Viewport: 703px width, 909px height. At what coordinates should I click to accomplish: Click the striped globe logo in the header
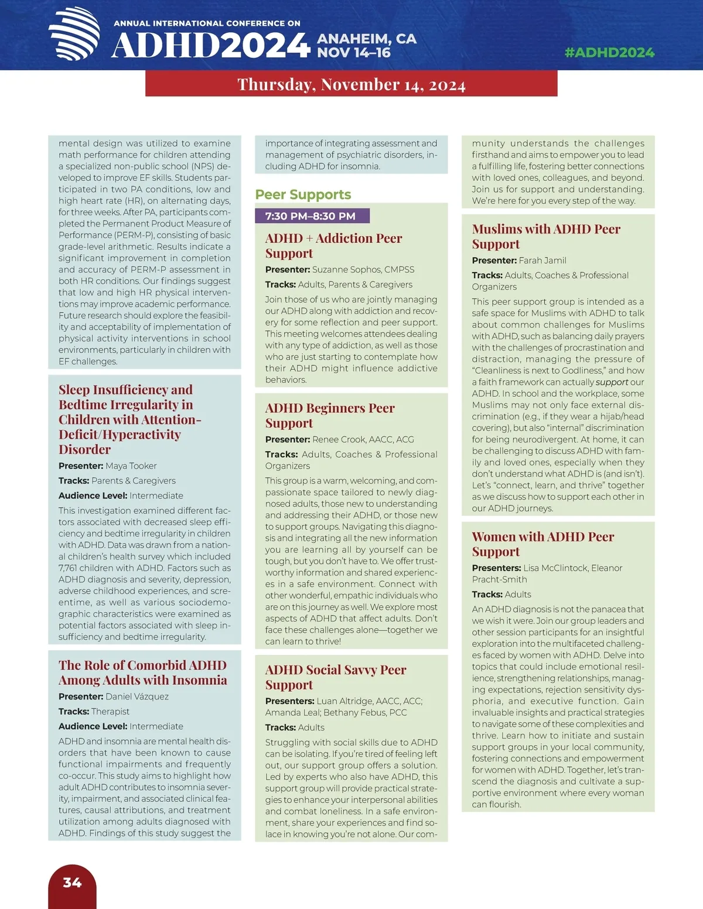tap(74, 33)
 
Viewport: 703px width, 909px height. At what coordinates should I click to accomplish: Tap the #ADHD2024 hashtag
tap(609, 53)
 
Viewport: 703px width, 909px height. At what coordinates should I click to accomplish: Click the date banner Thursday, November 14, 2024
tap(351, 84)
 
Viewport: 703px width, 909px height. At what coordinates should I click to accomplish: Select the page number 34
tap(72, 883)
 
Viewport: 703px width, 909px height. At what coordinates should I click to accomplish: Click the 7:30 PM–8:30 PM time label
tap(310, 216)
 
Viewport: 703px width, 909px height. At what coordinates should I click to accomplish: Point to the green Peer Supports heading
tap(303, 194)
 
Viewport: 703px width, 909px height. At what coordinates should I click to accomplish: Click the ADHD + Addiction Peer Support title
tap(333, 245)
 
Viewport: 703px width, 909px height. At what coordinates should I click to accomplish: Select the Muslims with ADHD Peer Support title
tap(546, 236)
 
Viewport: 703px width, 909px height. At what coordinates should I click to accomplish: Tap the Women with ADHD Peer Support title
tap(542, 544)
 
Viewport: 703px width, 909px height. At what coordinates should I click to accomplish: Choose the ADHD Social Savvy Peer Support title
tap(335, 677)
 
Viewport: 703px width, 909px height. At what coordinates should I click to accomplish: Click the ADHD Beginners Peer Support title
tap(330, 415)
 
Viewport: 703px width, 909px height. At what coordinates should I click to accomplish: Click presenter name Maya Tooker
tap(131, 466)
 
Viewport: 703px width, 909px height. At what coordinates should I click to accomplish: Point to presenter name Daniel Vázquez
tap(137, 697)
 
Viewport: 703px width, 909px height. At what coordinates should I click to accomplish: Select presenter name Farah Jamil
tap(542, 260)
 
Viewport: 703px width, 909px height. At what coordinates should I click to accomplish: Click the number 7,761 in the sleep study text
tap(70, 568)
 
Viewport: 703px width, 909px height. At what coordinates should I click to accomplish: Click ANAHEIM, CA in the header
tap(367, 39)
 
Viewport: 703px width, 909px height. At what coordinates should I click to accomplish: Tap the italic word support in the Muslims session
tap(612, 382)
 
